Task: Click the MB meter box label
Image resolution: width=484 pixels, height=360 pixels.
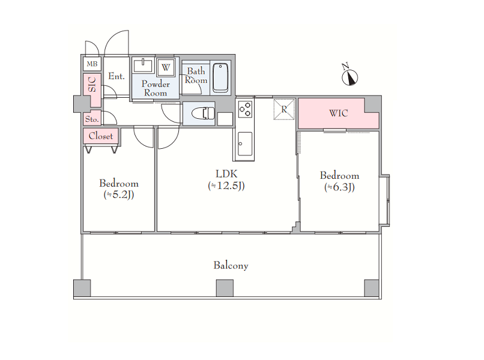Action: (92, 64)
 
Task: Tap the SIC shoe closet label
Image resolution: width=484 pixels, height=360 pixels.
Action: (92, 84)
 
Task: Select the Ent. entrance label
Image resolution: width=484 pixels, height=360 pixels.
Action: (116, 76)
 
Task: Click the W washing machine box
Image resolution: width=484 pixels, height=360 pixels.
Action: (166, 67)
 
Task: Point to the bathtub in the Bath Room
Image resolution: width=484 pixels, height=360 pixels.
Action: (220, 77)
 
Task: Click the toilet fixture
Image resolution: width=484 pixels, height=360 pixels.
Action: (203, 113)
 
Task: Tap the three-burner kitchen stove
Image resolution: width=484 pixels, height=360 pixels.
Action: (245, 109)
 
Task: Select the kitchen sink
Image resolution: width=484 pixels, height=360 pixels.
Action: (245, 144)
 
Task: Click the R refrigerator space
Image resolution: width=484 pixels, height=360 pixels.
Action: (284, 109)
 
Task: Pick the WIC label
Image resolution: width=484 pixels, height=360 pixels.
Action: (339, 113)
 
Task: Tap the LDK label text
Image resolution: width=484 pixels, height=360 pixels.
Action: (226, 174)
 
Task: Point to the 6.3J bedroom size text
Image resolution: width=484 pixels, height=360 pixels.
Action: (339, 187)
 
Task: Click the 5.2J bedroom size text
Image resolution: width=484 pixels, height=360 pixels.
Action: (118, 194)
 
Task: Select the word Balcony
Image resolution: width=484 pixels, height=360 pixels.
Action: (231, 266)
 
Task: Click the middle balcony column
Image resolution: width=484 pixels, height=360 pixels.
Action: (225, 288)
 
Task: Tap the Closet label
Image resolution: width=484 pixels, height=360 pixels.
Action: (101, 136)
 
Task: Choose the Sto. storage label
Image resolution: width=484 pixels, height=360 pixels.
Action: (92, 119)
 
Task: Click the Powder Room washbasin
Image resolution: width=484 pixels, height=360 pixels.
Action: (143, 65)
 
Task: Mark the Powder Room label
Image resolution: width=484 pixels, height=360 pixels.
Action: (156, 89)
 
